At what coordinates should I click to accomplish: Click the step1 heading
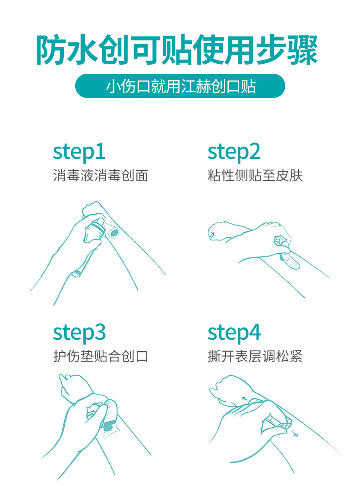[x=79, y=152]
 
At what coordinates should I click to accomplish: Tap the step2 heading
[x=234, y=152]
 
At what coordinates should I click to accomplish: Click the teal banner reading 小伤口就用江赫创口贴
[x=180, y=86]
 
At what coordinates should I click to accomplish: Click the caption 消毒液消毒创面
[x=100, y=175]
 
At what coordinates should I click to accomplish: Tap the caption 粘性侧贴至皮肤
[x=255, y=175]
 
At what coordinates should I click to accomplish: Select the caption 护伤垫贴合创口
[x=100, y=356]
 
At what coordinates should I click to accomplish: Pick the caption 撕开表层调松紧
[x=255, y=356]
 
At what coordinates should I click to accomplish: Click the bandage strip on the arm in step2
[x=290, y=260]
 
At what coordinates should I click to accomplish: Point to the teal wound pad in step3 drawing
[x=108, y=427]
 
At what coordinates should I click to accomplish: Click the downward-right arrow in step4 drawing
[x=294, y=433]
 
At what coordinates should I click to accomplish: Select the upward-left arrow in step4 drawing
[x=247, y=399]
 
